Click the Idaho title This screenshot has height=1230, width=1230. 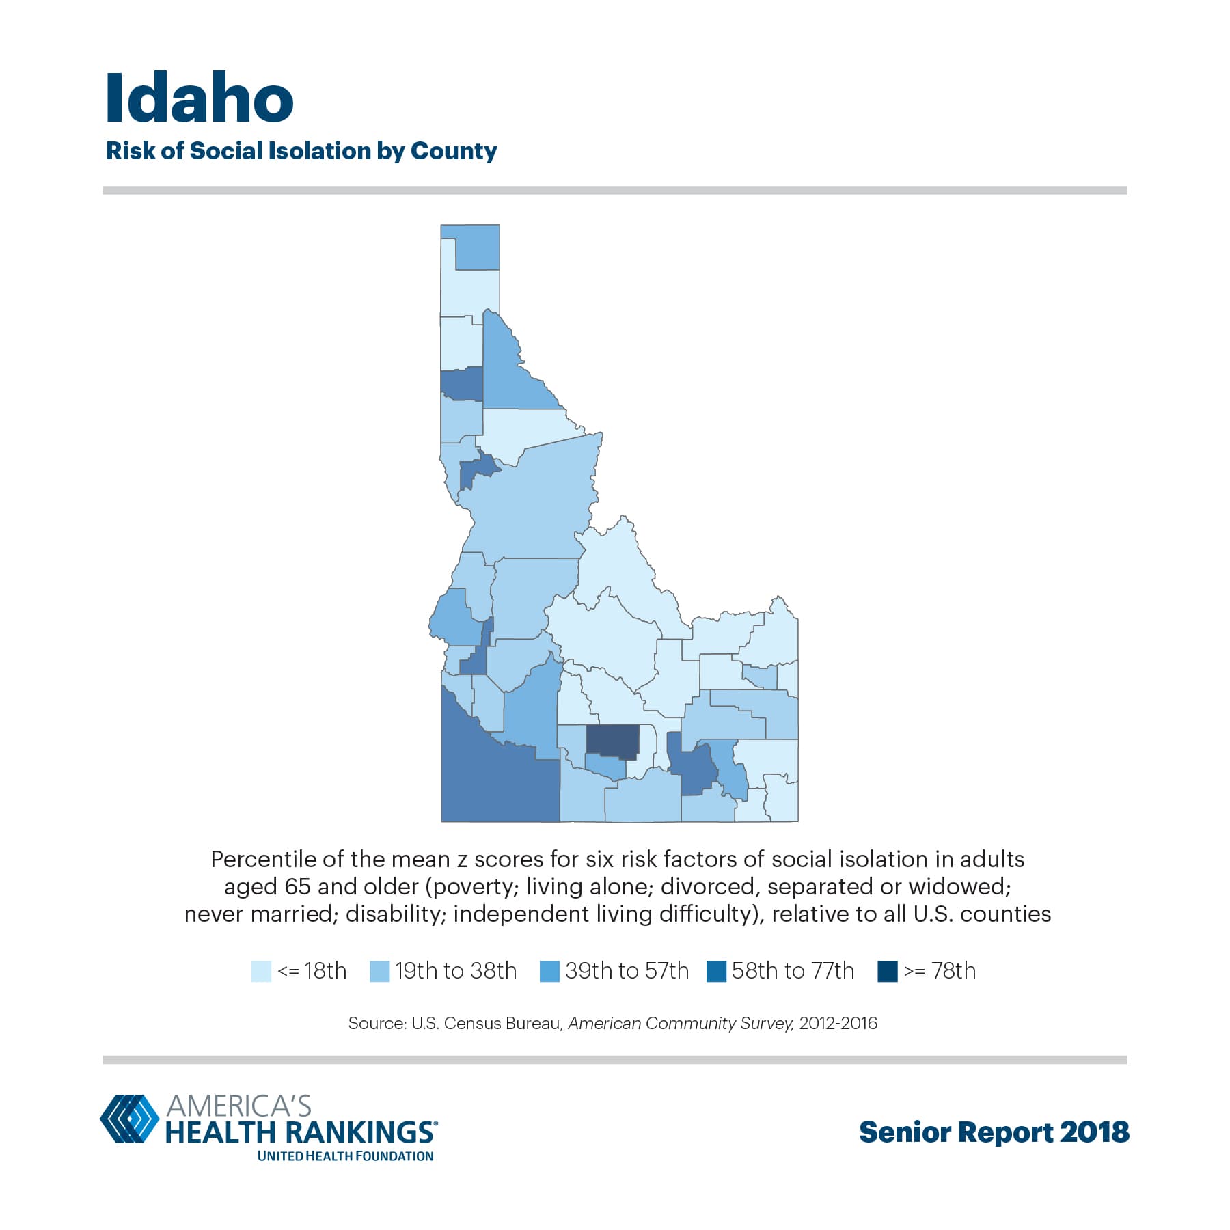[x=200, y=98]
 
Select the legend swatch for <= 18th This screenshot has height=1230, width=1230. [x=261, y=971]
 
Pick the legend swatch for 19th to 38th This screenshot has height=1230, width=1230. [x=379, y=971]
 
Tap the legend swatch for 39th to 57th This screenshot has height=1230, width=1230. [x=549, y=971]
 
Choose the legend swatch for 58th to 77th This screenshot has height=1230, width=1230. [x=716, y=971]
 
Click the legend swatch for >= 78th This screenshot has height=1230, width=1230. [x=887, y=971]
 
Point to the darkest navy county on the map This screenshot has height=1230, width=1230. [x=612, y=741]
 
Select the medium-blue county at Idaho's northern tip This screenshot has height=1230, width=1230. [x=477, y=247]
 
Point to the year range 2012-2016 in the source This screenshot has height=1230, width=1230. [x=838, y=1024]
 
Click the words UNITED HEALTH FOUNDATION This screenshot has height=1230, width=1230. [x=345, y=1156]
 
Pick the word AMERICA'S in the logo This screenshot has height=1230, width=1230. [x=238, y=1106]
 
